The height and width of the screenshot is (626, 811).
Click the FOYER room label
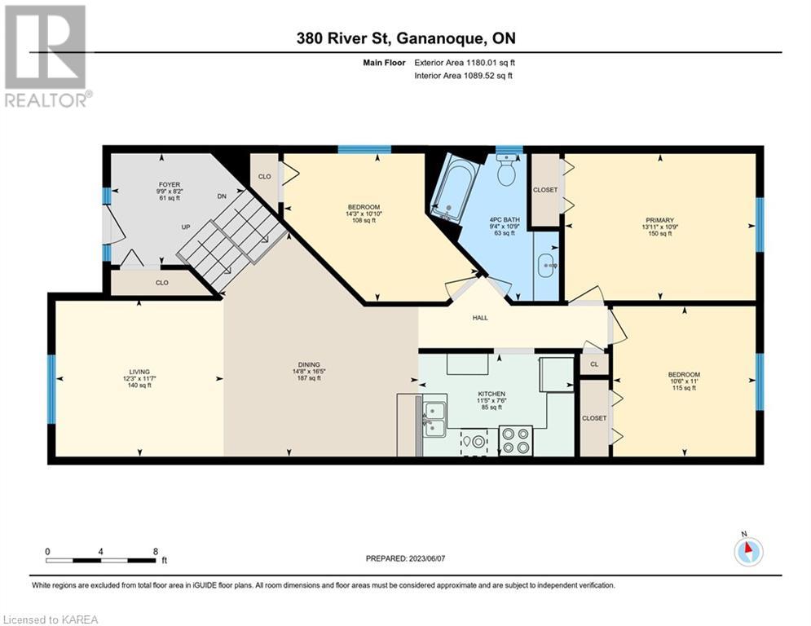click(x=170, y=185)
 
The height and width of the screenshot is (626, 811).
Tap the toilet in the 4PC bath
click(x=507, y=170)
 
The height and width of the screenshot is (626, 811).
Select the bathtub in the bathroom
click(x=451, y=189)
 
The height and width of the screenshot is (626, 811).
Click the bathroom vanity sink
click(x=546, y=266)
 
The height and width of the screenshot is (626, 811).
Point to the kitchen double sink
click(x=434, y=420)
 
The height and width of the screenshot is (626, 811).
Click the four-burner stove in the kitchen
click(x=516, y=441)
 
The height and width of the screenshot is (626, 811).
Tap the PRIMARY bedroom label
click(x=659, y=220)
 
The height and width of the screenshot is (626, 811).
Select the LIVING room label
click(x=139, y=372)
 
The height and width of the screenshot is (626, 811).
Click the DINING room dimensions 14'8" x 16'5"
click(x=309, y=372)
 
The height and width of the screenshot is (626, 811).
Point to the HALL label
click(x=480, y=318)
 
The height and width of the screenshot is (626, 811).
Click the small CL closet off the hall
click(x=594, y=364)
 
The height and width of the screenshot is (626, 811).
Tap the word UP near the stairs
click(x=186, y=227)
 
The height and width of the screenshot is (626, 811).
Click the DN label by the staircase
click(x=222, y=196)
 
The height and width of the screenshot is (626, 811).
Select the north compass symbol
click(x=748, y=551)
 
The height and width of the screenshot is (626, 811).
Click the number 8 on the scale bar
click(x=156, y=552)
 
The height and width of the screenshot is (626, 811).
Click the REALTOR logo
click(x=46, y=56)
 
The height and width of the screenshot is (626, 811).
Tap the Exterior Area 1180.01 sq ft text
click(x=465, y=63)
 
